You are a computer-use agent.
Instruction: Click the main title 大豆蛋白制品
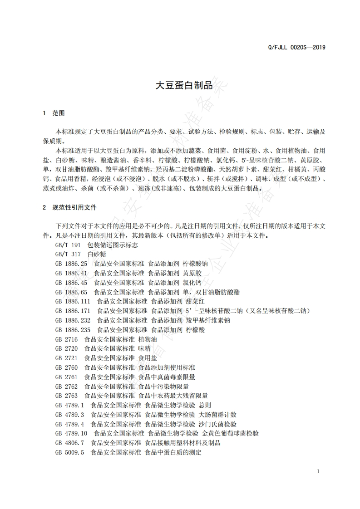[180, 85]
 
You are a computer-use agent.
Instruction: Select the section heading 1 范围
[54, 113]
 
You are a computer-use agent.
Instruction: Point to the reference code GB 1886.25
[71, 263]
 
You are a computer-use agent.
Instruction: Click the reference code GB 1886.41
[71, 273]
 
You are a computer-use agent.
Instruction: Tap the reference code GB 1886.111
[73, 301]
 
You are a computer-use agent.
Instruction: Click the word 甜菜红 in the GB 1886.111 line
[196, 301]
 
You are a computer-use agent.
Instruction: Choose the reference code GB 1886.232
[73, 320]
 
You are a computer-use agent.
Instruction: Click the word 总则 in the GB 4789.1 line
[205, 405]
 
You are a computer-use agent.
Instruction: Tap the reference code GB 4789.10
[71, 433]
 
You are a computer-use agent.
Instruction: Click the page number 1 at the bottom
[318, 471]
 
